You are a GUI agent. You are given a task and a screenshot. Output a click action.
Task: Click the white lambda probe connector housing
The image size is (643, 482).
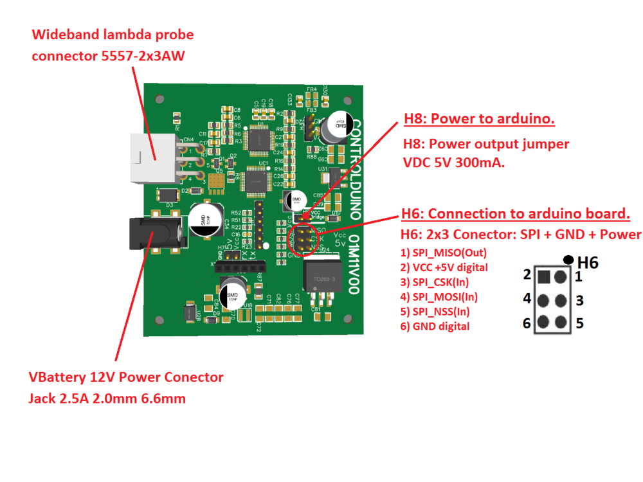coord(152,157)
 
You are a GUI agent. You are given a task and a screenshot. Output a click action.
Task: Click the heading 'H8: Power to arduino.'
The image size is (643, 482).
coord(478,119)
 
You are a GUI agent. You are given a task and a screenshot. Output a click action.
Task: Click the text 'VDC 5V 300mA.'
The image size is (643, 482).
coord(453,163)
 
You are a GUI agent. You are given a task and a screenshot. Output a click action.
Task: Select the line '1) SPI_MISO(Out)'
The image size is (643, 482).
coord(443,253)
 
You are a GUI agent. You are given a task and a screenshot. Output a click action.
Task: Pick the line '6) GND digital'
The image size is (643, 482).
coord(435,326)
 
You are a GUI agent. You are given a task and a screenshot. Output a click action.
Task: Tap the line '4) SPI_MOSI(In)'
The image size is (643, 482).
coord(439,297)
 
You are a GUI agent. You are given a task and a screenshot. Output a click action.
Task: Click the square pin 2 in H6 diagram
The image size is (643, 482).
coord(544,277)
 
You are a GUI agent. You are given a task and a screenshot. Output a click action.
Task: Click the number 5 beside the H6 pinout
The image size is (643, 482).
coord(579,323)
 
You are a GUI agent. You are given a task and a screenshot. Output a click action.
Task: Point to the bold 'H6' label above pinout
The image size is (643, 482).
coord(588,262)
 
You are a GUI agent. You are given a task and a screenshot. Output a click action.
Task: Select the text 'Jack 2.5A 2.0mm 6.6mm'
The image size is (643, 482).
coord(107,398)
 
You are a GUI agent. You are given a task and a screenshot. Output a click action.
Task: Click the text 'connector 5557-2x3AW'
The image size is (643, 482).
coord(108,56)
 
